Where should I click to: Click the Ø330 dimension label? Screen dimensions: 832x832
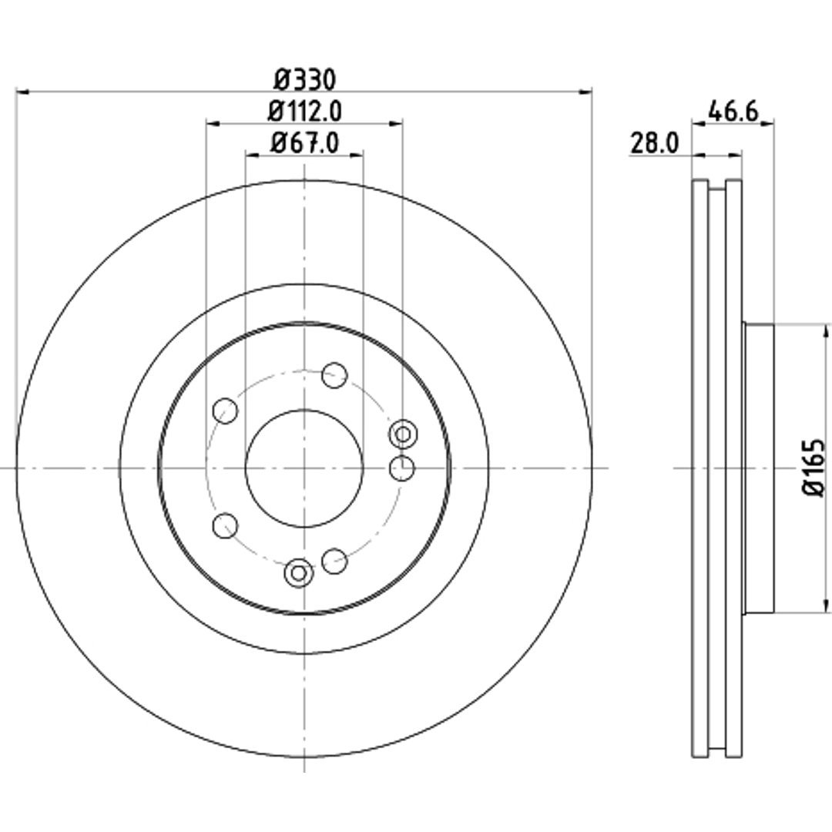point(305,80)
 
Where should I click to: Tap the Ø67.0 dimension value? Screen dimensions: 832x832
point(304,143)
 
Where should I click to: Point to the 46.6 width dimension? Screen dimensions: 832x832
point(733,112)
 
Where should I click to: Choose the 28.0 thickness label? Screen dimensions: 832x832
point(654,143)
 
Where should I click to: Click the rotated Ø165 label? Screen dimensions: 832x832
point(814,468)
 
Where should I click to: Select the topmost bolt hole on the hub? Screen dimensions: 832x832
point(334,375)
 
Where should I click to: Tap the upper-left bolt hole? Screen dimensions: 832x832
point(225,410)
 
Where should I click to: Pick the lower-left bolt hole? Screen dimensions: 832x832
point(225,525)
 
